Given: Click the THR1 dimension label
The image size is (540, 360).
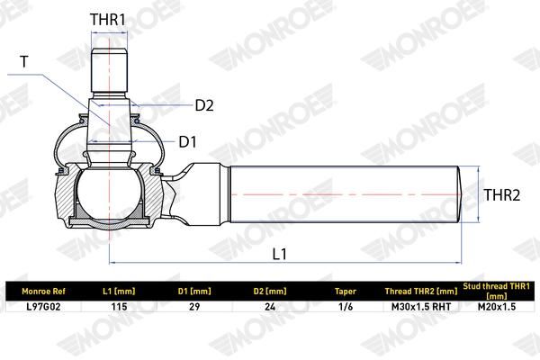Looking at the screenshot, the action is click(x=108, y=20).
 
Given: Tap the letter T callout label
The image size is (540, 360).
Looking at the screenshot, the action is click(x=24, y=62).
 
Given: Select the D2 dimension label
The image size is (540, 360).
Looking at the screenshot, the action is click(x=204, y=105).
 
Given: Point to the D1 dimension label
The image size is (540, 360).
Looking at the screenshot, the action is click(x=188, y=141).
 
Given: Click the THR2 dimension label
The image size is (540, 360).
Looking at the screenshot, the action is click(x=502, y=195).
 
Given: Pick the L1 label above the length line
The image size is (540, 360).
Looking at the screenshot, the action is click(x=279, y=254).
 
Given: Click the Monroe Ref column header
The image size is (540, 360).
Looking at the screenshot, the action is click(x=43, y=292).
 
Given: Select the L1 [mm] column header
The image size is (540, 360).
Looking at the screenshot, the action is click(x=119, y=292).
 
